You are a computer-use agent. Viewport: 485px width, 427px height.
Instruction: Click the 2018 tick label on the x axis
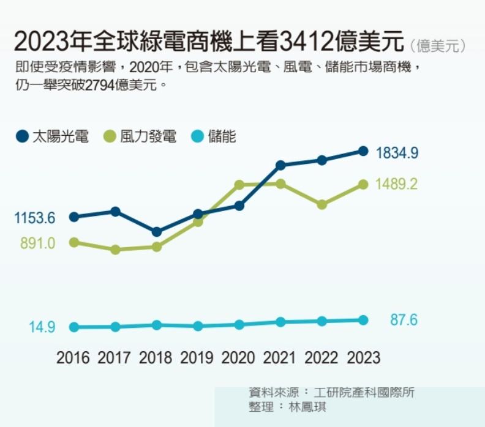pos(156,358)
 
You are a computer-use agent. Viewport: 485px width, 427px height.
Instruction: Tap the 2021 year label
pos(280,358)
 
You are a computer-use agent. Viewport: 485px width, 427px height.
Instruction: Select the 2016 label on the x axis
pos(73,358)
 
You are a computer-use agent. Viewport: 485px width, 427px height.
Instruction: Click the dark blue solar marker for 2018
pos(157,232)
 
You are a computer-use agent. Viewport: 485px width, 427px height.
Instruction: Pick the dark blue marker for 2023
pos(363,151)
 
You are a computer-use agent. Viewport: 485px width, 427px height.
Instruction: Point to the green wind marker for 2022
pos(322,204)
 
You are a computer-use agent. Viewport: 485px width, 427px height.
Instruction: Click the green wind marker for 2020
pos(239,185)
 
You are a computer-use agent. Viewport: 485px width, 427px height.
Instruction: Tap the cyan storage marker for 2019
pos(198,326)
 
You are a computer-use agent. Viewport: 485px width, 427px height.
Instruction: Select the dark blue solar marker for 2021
pos(280,165)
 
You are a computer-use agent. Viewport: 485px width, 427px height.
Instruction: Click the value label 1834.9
pos(397,153)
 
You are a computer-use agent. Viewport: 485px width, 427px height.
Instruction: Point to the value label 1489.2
pos(397,184)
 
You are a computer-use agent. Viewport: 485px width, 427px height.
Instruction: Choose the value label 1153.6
pos(35,218)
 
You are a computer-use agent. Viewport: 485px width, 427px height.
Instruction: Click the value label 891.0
pos(37,243)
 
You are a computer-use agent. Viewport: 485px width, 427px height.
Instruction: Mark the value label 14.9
pos(42,327)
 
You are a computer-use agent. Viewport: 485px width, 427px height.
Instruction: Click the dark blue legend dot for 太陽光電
pos(22,136)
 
